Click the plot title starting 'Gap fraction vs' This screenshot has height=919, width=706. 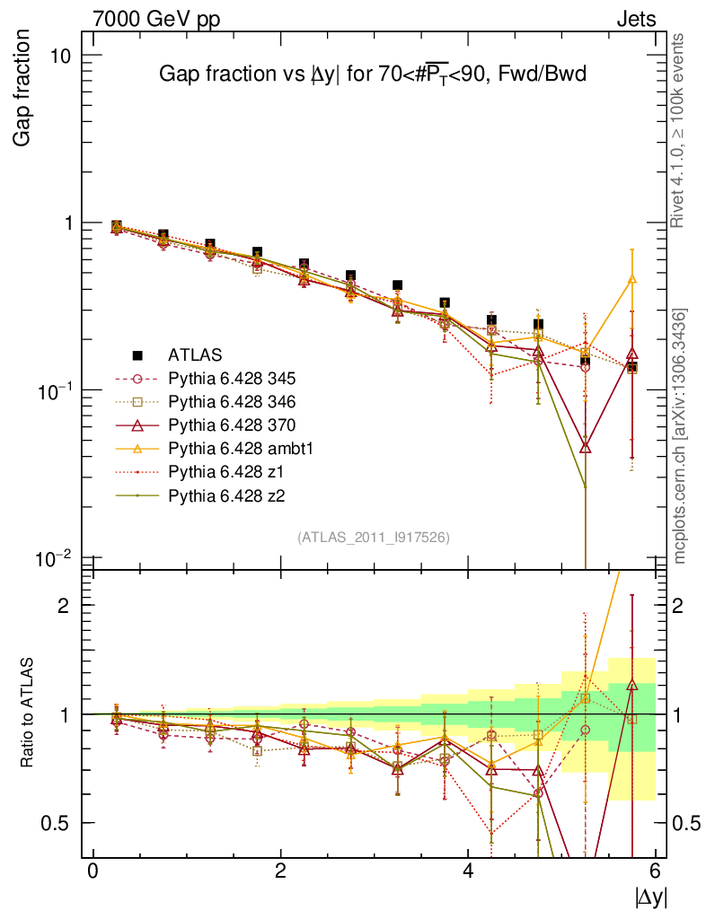(372, 74)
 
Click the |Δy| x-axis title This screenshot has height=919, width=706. (650, 895)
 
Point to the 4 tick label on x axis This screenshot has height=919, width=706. (468, 871)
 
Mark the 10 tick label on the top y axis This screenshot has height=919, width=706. (60, 56)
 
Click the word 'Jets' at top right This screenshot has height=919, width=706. (635, 19)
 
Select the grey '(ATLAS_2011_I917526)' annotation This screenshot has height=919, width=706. (374, 537)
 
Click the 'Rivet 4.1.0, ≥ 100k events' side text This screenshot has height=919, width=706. (680, 131)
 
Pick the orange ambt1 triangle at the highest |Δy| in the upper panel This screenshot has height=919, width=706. (632, 279)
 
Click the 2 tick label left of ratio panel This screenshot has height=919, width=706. (64, 606)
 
